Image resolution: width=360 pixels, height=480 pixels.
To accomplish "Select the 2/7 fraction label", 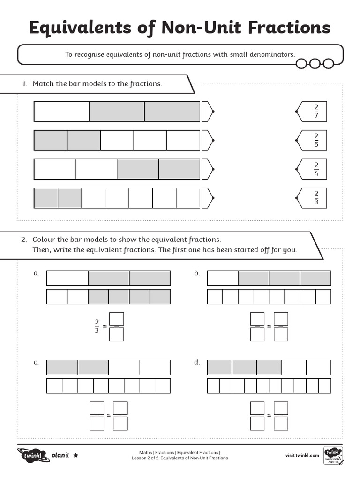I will (316, 112).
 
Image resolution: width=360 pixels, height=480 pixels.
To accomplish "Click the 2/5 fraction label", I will (316, 140).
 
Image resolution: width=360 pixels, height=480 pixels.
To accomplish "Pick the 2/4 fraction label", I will (316, 169).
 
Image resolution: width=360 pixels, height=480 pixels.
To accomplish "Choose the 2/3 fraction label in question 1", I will (316, 198).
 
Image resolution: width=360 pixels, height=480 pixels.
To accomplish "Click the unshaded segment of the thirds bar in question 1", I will (62, 112).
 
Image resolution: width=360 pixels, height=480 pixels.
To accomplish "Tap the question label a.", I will (36, 273).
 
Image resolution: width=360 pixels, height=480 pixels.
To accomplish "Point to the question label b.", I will (197, 273).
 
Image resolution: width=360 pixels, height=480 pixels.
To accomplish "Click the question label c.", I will (36, 362).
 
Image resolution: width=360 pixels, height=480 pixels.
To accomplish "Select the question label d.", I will (197, 362).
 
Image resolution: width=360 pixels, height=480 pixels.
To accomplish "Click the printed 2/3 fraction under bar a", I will (97, 326).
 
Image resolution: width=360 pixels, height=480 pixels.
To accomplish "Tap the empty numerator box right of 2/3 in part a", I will (116, 319).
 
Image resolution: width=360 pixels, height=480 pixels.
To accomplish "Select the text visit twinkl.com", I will (302, 455).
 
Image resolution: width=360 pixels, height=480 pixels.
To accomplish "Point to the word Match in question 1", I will (43, 84).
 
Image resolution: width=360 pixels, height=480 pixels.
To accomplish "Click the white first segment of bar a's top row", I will (67, 278).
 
